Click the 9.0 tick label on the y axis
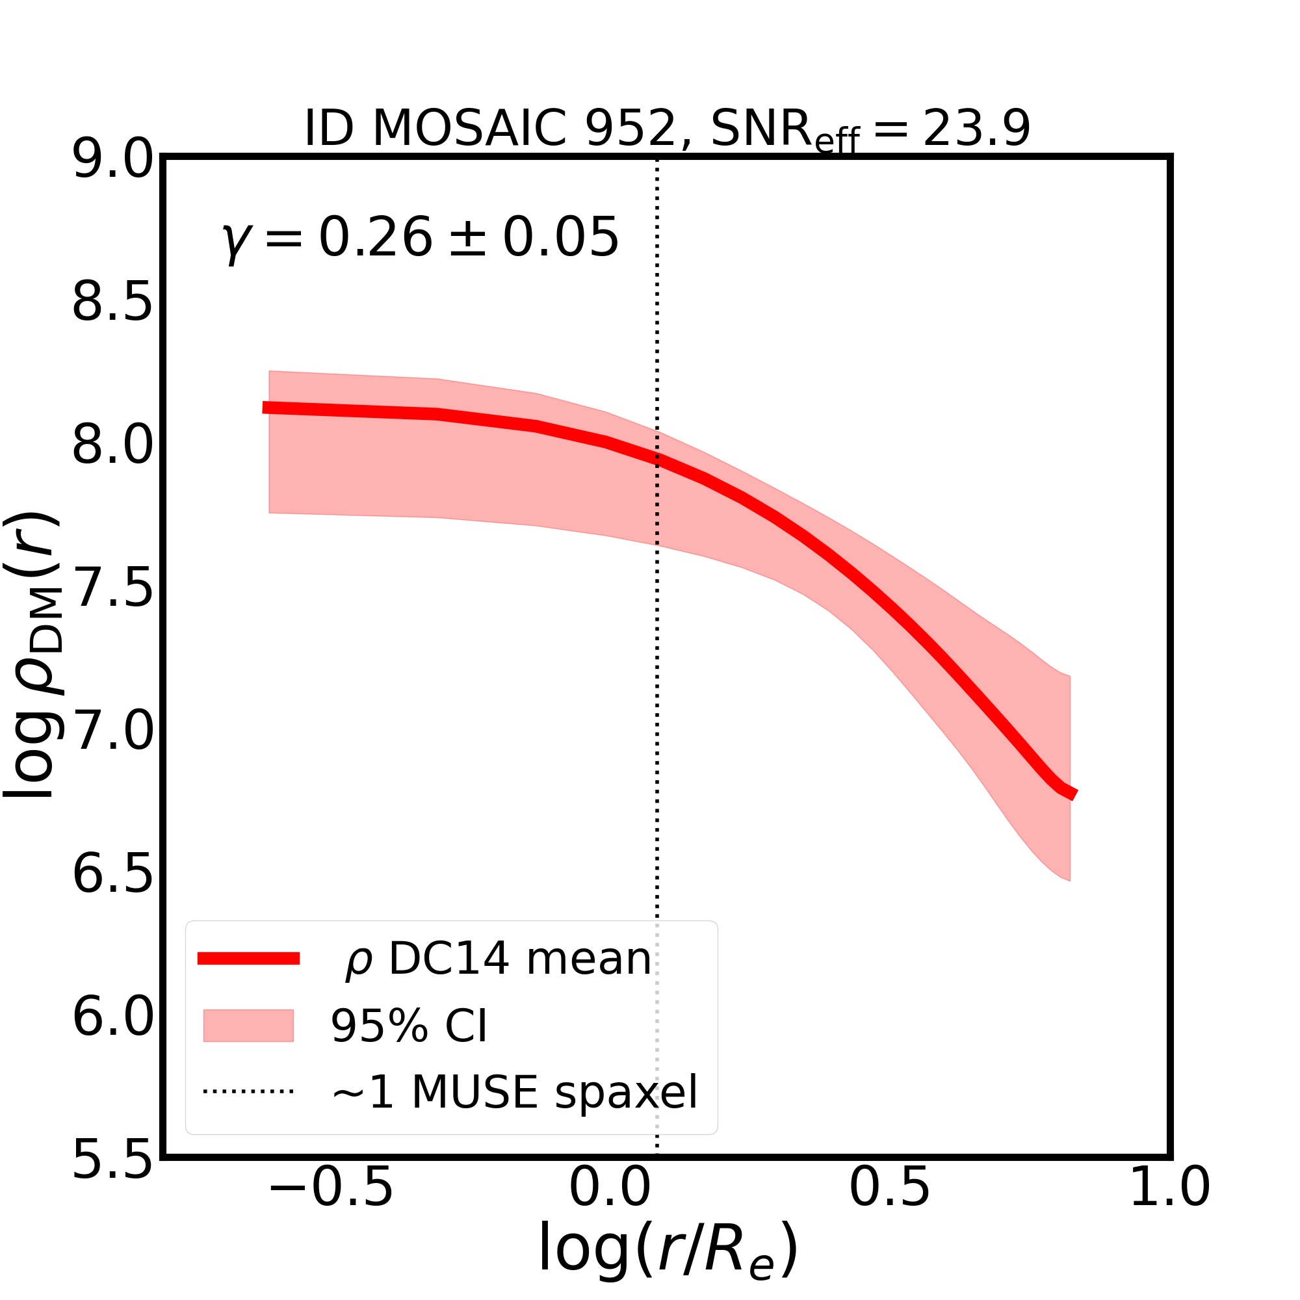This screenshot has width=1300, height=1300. point(113,161)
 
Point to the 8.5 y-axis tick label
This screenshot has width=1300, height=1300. point(113,304)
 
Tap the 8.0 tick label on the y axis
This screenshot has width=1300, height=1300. point(113,447)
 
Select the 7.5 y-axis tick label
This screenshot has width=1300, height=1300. point(113,590)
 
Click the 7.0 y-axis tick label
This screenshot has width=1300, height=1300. point(113,733)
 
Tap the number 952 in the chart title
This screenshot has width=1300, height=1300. point(630,128)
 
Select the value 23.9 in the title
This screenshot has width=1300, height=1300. point(976,128)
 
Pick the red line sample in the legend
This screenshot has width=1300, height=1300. point(248,959)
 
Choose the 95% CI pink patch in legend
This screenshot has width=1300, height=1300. point(248,1026)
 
